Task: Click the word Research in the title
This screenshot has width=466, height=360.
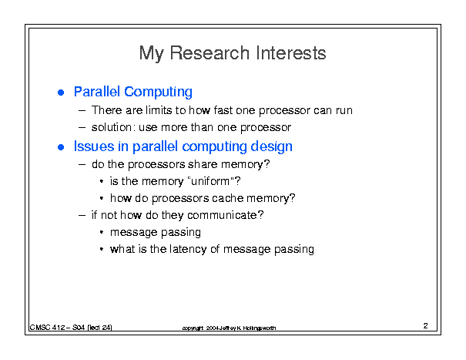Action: (x=210, y=53)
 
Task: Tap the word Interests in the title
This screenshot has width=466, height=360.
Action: (x=290, y=53)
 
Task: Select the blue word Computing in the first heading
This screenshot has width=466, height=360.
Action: (x=158, y=93)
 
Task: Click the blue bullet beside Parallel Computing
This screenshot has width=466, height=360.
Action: (x=61, y=93)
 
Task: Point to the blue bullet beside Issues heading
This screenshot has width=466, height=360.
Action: (x=61, y=147)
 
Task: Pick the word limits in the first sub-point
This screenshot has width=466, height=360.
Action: (x=159, y=110)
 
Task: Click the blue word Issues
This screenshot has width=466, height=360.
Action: (x=94, y=146)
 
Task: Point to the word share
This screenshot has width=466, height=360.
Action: (x=203, y=164)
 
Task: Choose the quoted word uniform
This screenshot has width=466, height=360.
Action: (x=210, y=181)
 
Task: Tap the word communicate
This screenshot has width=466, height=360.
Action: (x=222, y=215)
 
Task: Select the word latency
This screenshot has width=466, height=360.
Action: (x=188, y=249)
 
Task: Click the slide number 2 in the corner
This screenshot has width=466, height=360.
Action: (x=426, y=326)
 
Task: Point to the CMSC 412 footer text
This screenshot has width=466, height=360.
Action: (x=71, y=328)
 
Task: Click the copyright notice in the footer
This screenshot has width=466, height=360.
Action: (x=229, y=328)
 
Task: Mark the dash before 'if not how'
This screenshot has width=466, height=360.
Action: (x=82, y=215)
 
